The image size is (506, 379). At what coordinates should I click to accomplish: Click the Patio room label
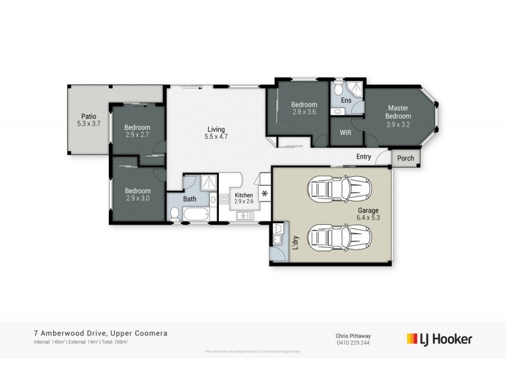tap(88, 119)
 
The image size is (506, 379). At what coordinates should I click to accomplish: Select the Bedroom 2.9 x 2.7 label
tap(137, 131)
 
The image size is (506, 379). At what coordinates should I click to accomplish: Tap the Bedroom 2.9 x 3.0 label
tap(137, 194)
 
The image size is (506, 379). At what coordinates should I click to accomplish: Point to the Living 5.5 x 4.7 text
tap(216, 132)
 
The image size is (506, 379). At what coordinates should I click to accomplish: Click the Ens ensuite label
tap(346, 100)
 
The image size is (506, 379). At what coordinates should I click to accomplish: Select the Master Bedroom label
tap(399, 112)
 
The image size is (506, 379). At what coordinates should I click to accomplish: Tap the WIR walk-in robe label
tap(345, 133)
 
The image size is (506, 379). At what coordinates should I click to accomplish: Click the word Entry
tap(364, 157)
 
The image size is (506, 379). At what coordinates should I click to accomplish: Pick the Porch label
tap(405, 159)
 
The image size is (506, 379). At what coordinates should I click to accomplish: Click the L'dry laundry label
tap(294, 242)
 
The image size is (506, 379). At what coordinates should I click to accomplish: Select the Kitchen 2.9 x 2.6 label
tap(244, 199)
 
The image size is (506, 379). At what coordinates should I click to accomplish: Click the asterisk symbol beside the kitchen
tap(264, 193)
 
